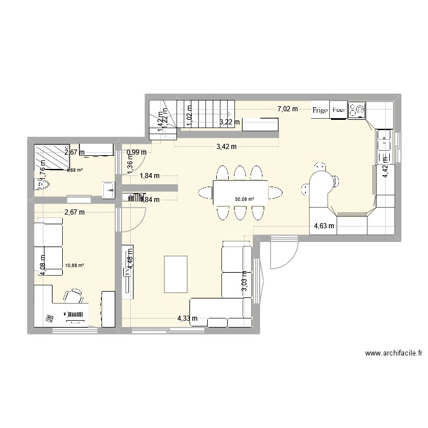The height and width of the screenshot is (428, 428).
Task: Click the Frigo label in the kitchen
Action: click(x=320, y=110)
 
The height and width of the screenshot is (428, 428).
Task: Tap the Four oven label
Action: click(x=338, y=110)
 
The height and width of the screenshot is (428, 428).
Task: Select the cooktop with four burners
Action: click(x=357, y=110)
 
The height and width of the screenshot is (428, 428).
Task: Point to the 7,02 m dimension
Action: click(x=288, y=109)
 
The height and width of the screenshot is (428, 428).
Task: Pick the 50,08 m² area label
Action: click(x=244, y=199)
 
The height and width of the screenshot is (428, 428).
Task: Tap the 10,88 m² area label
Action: click(x=75, y=265)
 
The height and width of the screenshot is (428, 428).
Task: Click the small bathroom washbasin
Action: click(x=108, y=189)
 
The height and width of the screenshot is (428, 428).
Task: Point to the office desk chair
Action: click(x=73, y=296)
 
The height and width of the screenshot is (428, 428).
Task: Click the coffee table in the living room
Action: click(x=176, y=274)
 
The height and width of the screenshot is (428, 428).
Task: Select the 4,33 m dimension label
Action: click(x=187, y=318)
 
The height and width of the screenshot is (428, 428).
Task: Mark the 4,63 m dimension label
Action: click(x=324, y=225)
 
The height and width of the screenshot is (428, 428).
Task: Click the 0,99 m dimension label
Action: click(x=136, y=152)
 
